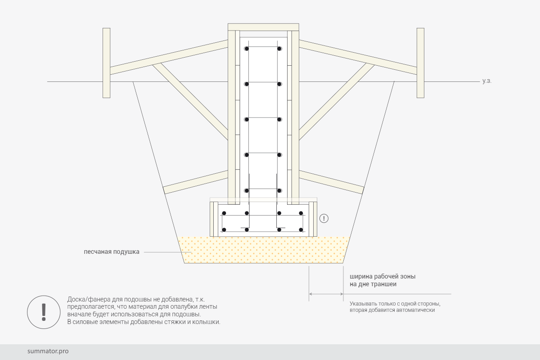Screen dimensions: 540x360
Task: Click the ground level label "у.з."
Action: tap(487, 81)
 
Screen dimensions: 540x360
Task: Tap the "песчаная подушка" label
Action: tap(112, 252)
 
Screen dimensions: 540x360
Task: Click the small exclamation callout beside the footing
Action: tap(324, 218)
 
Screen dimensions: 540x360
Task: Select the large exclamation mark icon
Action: tap(44, 312)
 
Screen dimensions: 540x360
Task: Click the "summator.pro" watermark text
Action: tap(48, 351)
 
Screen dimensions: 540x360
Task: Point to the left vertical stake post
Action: tap(106, 63)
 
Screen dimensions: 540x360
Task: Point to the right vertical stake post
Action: tap(420, 63)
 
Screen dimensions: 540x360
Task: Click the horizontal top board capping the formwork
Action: tap(263, 27)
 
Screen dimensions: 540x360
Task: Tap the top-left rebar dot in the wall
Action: tap(247, 49)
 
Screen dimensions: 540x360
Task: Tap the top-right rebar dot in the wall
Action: tap(279, 49)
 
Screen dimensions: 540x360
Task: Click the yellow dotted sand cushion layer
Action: tap(264, 250)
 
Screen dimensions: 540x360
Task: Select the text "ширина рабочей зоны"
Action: tap(382, 276)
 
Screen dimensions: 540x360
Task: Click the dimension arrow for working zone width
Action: tap(326, 294)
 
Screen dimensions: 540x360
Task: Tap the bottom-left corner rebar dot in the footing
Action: tap(224, 230)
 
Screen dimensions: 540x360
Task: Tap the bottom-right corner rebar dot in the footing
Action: tap(301, 230)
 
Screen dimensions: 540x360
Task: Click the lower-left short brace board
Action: tap(195, 182)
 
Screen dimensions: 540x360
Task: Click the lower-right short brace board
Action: tap(332, 182)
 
